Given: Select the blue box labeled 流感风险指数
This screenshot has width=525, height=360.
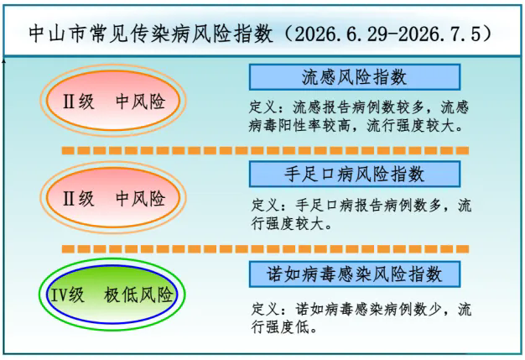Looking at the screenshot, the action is tap(355, 77).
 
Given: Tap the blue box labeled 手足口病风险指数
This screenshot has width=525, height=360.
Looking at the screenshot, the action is tap(355, 175).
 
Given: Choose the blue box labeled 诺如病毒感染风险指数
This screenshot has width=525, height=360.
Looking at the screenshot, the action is tap(355, 274).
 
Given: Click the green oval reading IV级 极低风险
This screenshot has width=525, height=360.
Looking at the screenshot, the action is tap(112, 295).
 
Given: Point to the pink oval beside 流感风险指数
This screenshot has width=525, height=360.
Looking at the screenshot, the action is tap(113, 101).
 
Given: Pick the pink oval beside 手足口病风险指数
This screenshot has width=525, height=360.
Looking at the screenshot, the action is tap(113, 197).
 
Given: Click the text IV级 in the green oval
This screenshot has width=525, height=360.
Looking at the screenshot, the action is tap(67, 295).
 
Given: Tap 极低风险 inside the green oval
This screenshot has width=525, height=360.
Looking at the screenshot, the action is tap(138, 295).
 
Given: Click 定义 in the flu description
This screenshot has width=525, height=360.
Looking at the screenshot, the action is tap(263, 108).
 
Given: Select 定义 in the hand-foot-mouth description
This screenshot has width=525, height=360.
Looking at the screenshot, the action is tap(266, 205).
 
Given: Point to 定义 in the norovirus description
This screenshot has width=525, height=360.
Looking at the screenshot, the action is tap(266, 309).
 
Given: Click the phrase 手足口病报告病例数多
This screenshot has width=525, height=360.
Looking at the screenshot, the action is tap(368, 205).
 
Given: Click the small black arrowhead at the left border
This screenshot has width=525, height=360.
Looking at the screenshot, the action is tap(4, 60).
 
